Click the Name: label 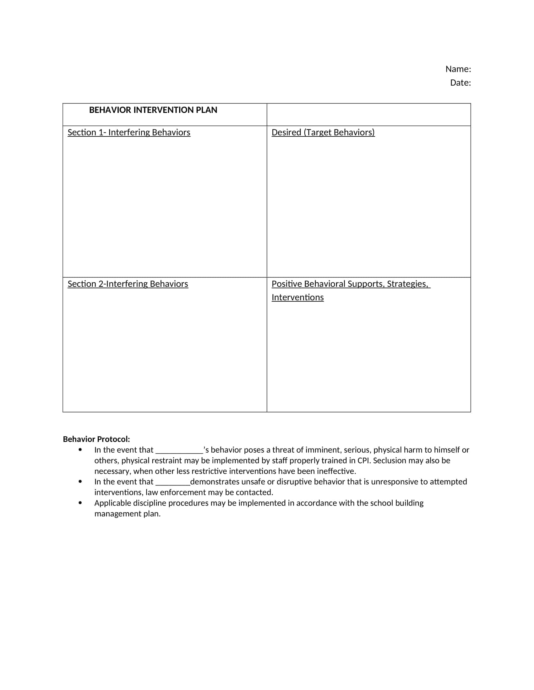click(x=458, y=69)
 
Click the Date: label click(x=460, y=83)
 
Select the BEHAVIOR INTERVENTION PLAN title click(x=153, y=110)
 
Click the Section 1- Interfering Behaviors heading click(x=129, y=132)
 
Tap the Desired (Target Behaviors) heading click(x=323, y=132)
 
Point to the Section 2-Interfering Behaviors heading click(x=128, y=284)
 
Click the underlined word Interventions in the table click(x=297, y=298)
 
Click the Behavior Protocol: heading click(x=96, y=439)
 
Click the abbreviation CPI click(x=363, y=461)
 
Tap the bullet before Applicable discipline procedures click(x=80, y=503)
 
